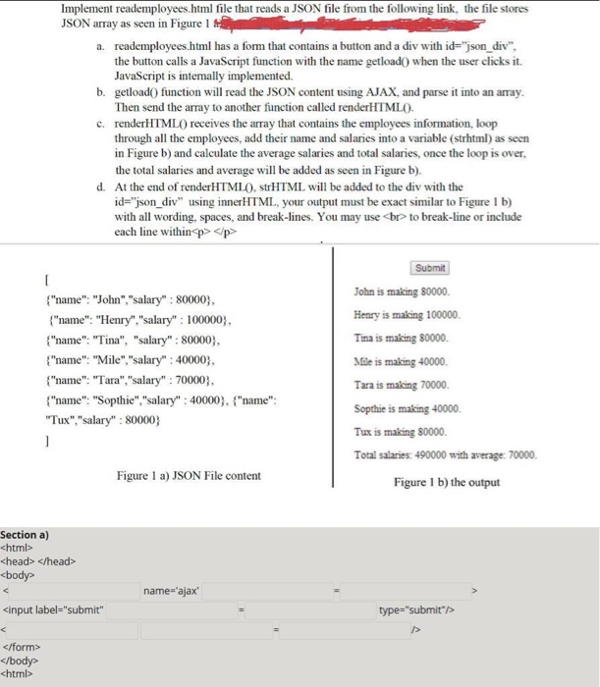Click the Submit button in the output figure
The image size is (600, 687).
(x=430, y=267)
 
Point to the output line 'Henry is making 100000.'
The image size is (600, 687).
(x=404, y=315)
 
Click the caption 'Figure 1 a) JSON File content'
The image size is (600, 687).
(x=189, y=476)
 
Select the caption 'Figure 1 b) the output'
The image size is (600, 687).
(x=447, y=482)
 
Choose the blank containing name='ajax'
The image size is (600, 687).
(x=173, y=591)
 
